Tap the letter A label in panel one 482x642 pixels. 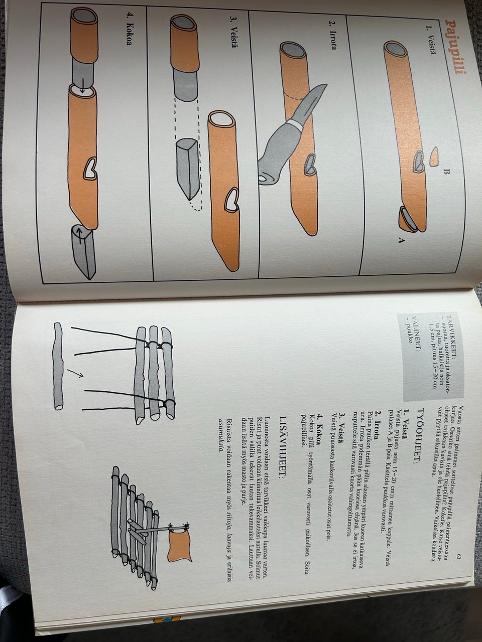[401, 240]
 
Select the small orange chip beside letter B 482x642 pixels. [434, 156]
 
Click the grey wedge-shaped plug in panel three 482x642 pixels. [188, 169]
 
